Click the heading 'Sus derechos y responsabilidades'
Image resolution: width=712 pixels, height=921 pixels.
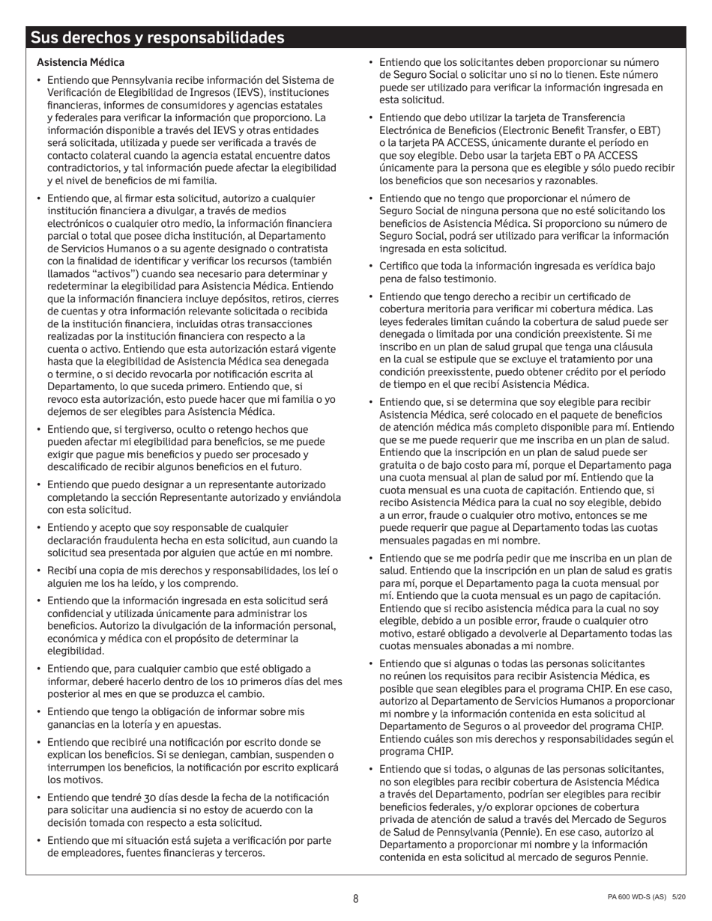point(157,38)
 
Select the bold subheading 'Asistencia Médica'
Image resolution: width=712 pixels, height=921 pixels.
point(81,62)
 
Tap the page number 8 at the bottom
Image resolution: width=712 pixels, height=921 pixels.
point(356,899)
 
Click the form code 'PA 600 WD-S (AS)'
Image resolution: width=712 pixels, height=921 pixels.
point(637,897)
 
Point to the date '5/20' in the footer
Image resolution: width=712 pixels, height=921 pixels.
point(679,897)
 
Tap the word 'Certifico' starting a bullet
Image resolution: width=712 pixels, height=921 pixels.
point(401,266)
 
